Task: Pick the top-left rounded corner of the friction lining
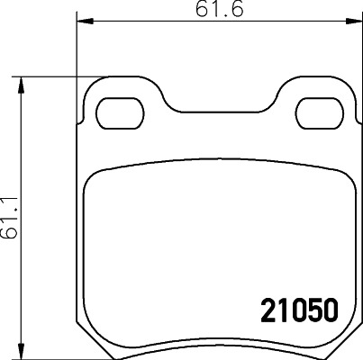[x=93, y=179]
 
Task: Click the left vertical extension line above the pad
[x=76, y=54]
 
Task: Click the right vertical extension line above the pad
[x=358, y=54]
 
